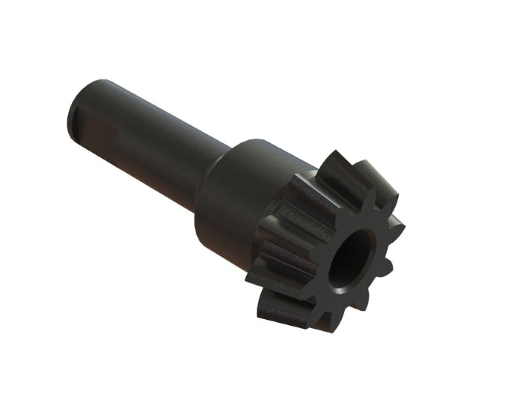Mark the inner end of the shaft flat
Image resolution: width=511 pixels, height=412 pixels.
pyautogui.click(x=120, y=139)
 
